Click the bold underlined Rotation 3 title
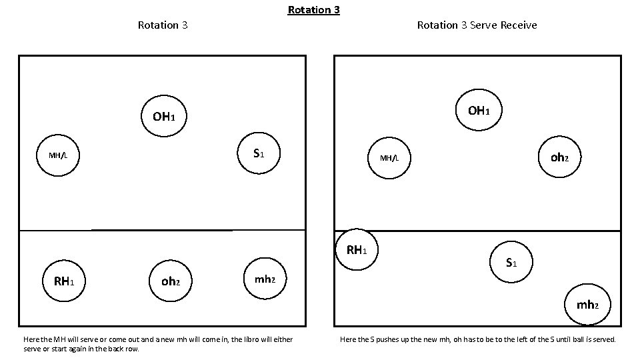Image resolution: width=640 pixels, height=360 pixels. coord(313,10)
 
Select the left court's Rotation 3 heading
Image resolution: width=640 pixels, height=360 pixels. coord(162,25)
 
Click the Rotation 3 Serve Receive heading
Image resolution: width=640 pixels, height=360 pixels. coord(477,25)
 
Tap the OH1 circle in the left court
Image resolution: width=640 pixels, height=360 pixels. coord(163,117)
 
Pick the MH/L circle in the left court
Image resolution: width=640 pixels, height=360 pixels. coord(57,155)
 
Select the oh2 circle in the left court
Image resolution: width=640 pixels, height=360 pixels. coord(171,281)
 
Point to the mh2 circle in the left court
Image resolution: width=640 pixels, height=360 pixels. coord(265,279)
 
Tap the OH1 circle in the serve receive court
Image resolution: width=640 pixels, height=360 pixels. coord(477,110)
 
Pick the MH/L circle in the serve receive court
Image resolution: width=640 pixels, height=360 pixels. coord(389,158)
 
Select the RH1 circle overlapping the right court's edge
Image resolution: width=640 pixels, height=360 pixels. coord(357,250)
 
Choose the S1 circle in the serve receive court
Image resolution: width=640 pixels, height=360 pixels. coord(511,263)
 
